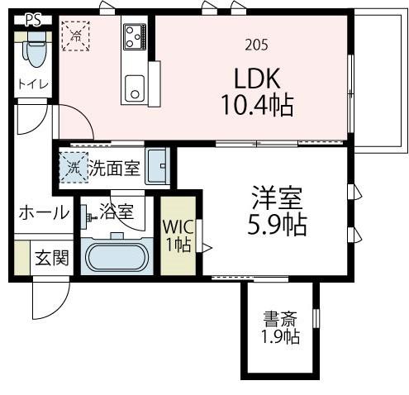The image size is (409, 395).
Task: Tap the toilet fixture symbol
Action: [35, 54]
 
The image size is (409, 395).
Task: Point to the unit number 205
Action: [256, 45]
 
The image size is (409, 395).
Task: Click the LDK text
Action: [258, 79]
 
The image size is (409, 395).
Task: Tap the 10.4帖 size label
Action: [258, 105]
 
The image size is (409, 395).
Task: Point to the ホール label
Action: [44, 212]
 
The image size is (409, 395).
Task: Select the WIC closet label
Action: [178, 234]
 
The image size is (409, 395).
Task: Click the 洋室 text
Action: [278, 198]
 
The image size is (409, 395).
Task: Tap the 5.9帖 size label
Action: [278, 224]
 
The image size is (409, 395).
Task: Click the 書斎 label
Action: [282, 319]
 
